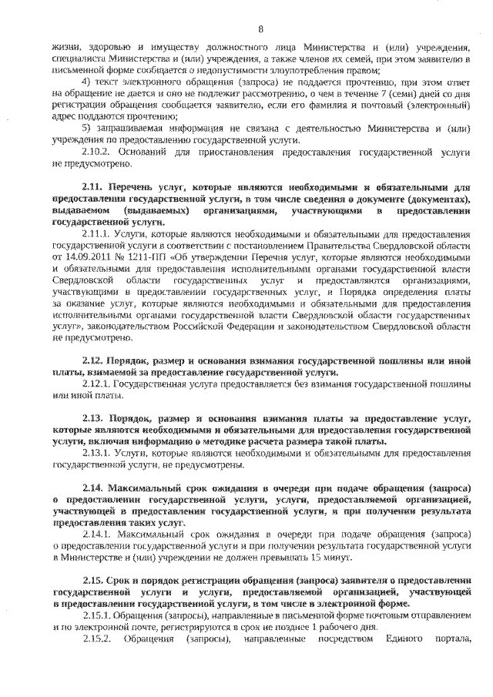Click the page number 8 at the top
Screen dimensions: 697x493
[260, 29]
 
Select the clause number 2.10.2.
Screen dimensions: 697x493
[96, 153]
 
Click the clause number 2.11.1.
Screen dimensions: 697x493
[96, 231]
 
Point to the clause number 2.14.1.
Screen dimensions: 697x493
[96, 534]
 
